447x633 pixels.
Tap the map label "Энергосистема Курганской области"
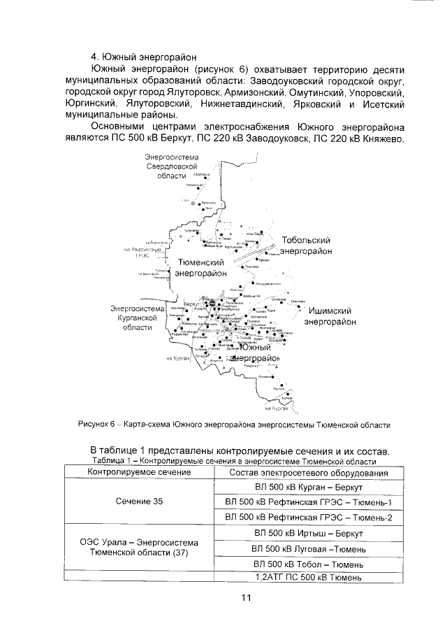[137, 317]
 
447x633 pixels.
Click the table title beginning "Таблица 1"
[234, 462]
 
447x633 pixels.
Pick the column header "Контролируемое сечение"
[138, 473]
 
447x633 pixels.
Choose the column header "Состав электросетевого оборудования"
[308, 473]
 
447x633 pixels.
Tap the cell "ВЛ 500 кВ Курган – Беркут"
[308, 487]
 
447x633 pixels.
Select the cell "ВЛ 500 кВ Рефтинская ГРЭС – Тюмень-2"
[308, 517]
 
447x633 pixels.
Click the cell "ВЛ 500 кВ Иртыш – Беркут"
[308, 532]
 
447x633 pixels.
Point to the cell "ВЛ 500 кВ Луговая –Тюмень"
[308, 548]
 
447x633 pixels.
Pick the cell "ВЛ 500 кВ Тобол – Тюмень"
[308, 563]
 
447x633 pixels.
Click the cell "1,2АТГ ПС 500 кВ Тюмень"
[308, 577]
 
